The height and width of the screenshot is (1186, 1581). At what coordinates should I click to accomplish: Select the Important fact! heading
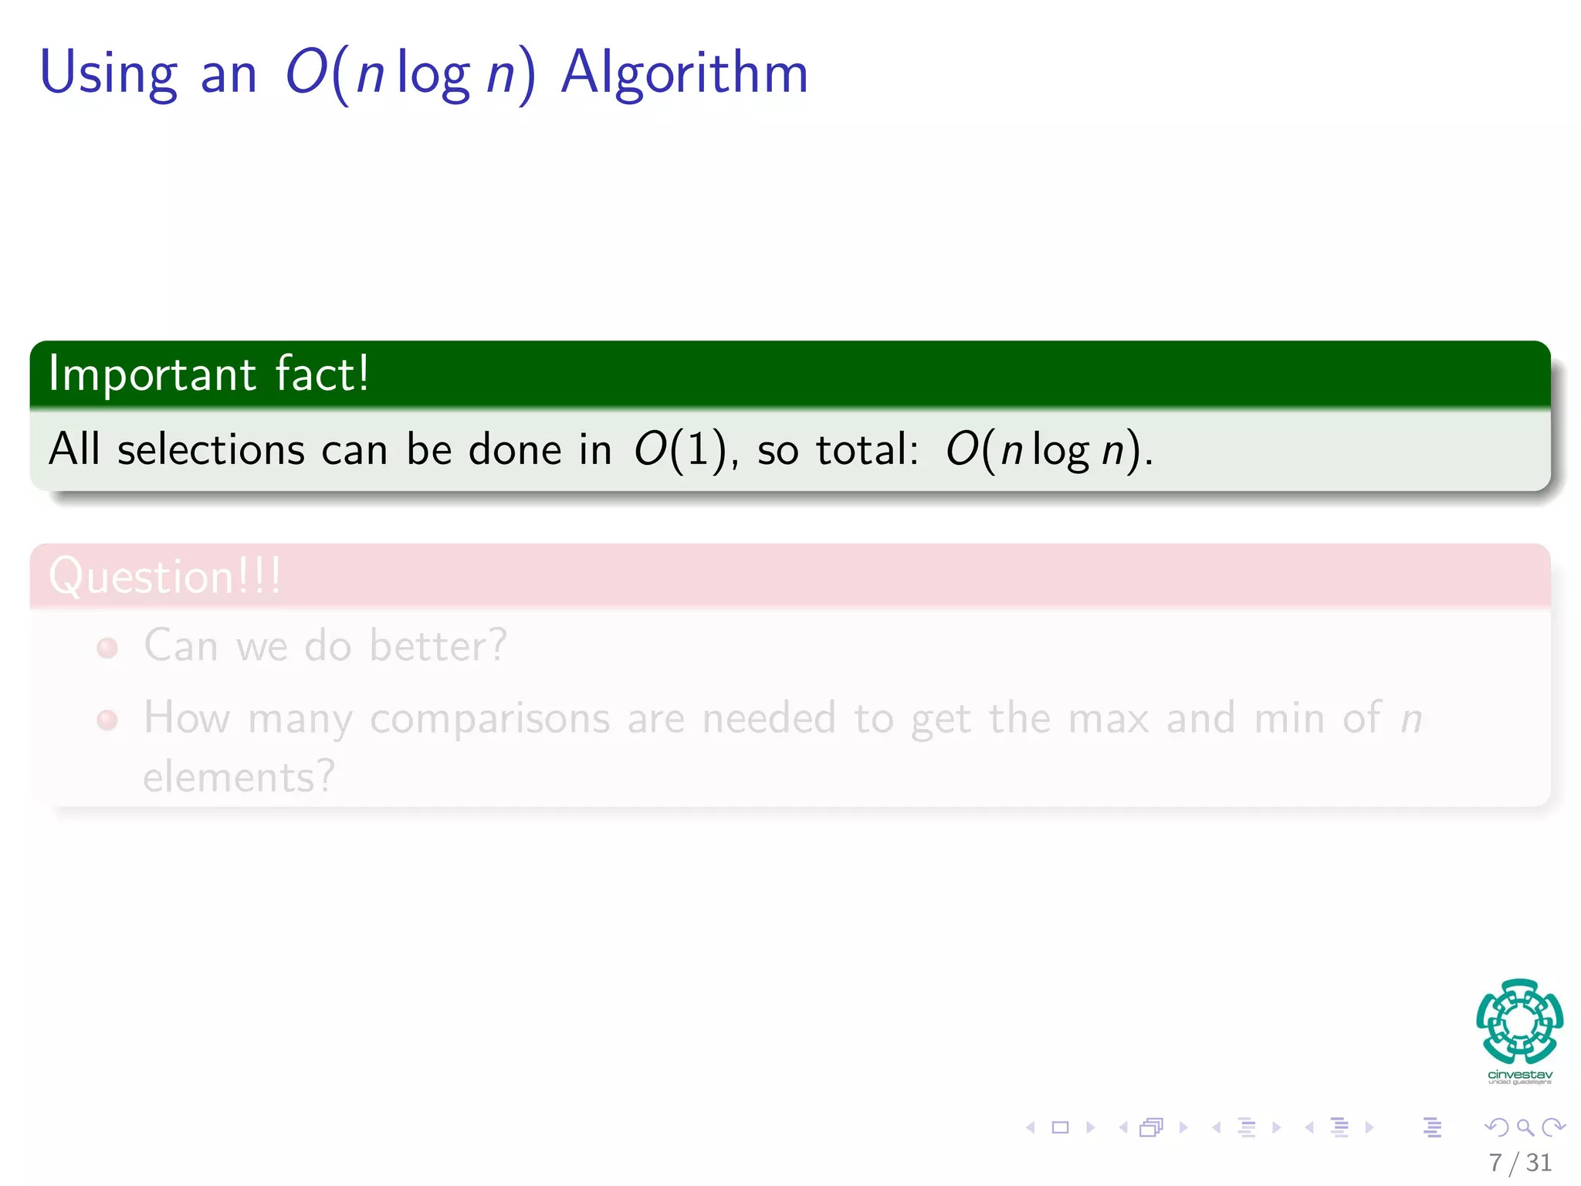[x=208, y=374]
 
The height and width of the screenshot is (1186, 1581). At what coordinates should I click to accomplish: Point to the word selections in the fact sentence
[x=211, y=449]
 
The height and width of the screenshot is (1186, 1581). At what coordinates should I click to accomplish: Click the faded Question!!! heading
[x=164, y=576]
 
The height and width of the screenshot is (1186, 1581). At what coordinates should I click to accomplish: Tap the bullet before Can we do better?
[x=107, y=647]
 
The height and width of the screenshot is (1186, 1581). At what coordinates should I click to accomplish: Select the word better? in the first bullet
[x=438, y=646]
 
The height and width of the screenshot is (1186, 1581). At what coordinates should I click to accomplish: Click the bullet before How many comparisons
[x=107, y=720]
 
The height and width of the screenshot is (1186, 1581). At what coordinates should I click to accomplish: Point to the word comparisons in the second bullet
[x=489, y=719]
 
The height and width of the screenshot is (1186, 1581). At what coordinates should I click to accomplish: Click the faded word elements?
[x=239, y=777]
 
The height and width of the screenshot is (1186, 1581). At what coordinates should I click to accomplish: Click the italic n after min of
[x=1411, y=719]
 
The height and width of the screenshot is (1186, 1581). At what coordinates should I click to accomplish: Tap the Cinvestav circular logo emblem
[x=1519, y=1021]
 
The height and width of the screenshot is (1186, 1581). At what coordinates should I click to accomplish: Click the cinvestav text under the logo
[x=1519, y=1075]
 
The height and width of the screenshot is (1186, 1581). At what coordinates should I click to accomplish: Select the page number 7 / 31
[x=1519, y=1162]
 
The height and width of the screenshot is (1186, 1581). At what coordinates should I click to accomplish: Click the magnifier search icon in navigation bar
[x=1525, y=1127]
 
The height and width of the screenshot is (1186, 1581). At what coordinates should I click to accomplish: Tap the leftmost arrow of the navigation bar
[x=1031, y=1127]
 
